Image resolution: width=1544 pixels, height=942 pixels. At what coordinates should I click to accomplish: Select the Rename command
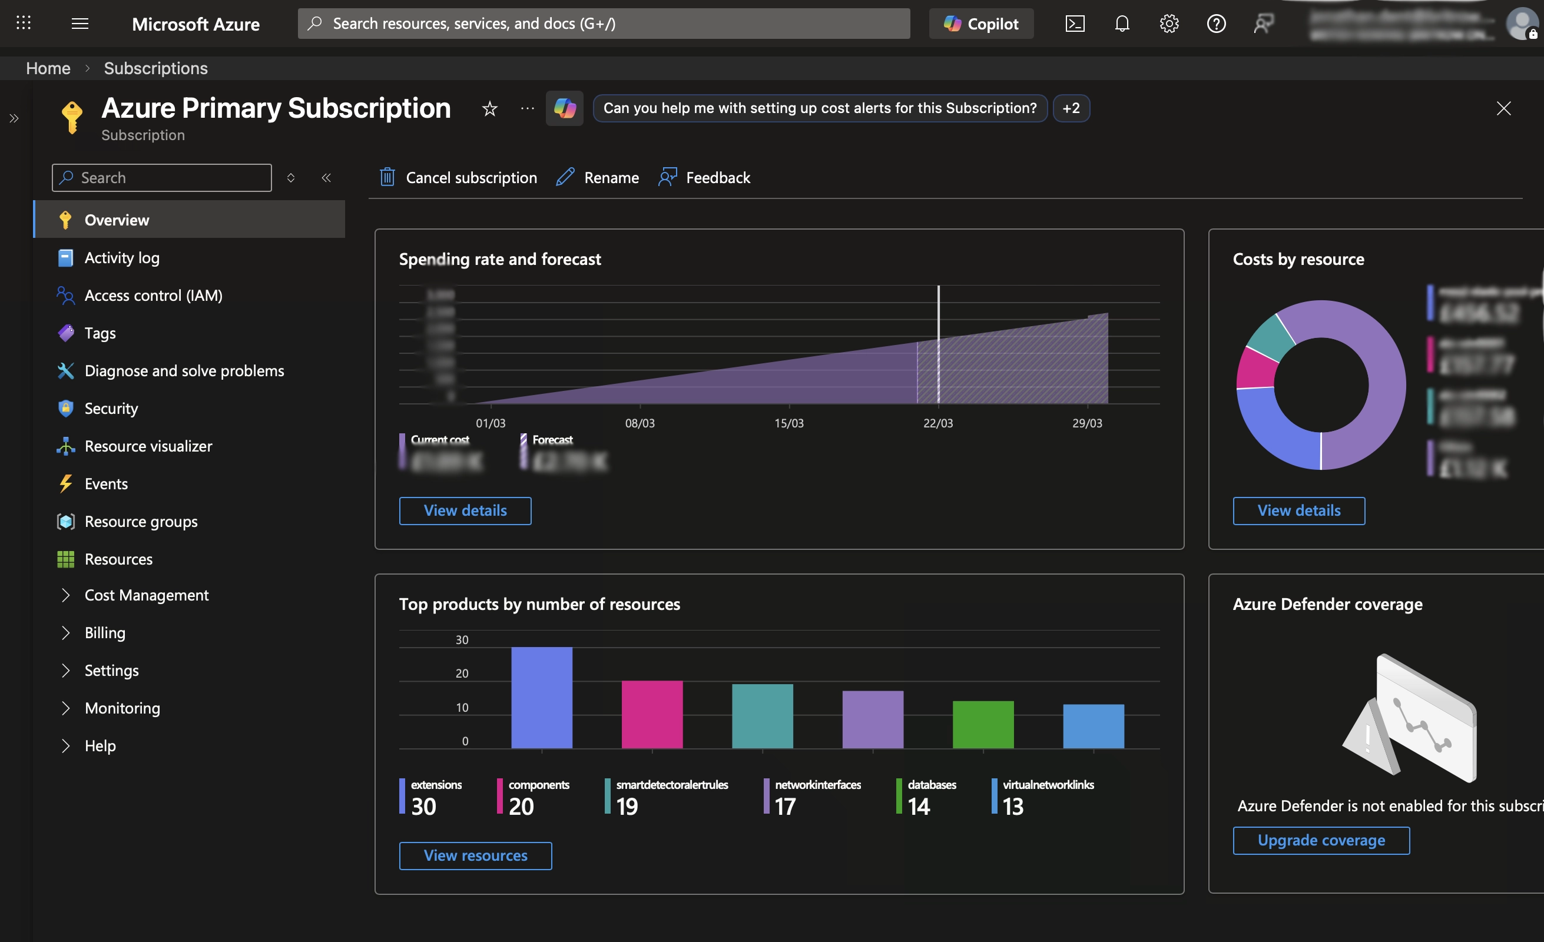click(x=598, y=178)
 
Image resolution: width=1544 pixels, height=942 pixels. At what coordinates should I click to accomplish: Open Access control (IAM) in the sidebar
click(x=153, y=295)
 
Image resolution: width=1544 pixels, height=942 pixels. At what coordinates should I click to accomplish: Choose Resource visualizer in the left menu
click(x=148, y=446)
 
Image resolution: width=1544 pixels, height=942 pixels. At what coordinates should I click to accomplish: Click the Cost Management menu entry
click(x=146, y=595)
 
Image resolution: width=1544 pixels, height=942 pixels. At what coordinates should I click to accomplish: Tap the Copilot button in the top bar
click(x=980, y=24)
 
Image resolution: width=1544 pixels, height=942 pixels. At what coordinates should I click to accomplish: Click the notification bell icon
click(x=1122, y=24)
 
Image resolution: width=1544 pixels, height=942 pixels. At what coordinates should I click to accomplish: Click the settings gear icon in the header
click(x=1169, y=24)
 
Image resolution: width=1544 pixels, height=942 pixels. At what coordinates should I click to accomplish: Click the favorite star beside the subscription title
click(x=489, y=109)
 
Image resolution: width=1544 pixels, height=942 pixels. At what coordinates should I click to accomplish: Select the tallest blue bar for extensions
click(x=541, y=697)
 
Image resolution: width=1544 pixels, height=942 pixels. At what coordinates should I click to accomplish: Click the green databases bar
click(x=983, y=724)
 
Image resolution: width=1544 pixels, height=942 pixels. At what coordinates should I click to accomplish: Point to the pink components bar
click(x=652, y=714)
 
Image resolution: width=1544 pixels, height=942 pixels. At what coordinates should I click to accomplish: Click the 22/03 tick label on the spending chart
click(x=937, y=423)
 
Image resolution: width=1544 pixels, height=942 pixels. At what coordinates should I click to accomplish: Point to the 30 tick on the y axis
click(x=462, y=639)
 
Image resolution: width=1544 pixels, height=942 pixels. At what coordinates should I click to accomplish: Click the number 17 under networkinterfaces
click(x=784, y=806)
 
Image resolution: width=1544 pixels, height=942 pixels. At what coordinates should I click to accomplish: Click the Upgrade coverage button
click(x=1321, y=840)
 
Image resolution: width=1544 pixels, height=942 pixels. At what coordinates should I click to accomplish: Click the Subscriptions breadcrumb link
click(x=155, y=68)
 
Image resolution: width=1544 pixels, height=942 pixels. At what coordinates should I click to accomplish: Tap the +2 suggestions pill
click(x=1071, y=108)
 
